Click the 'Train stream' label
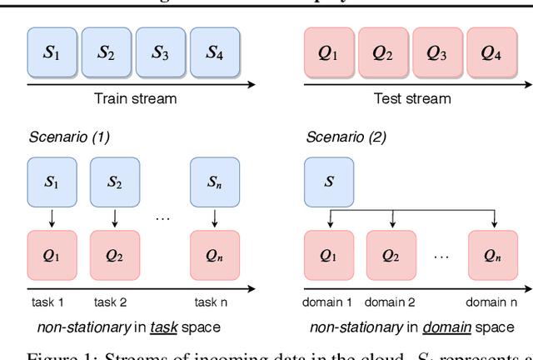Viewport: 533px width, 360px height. click(134, 98)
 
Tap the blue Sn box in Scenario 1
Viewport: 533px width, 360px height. click(216, 182)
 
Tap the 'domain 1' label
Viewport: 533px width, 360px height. click(331, 302)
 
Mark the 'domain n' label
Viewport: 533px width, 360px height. click(496, 302)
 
